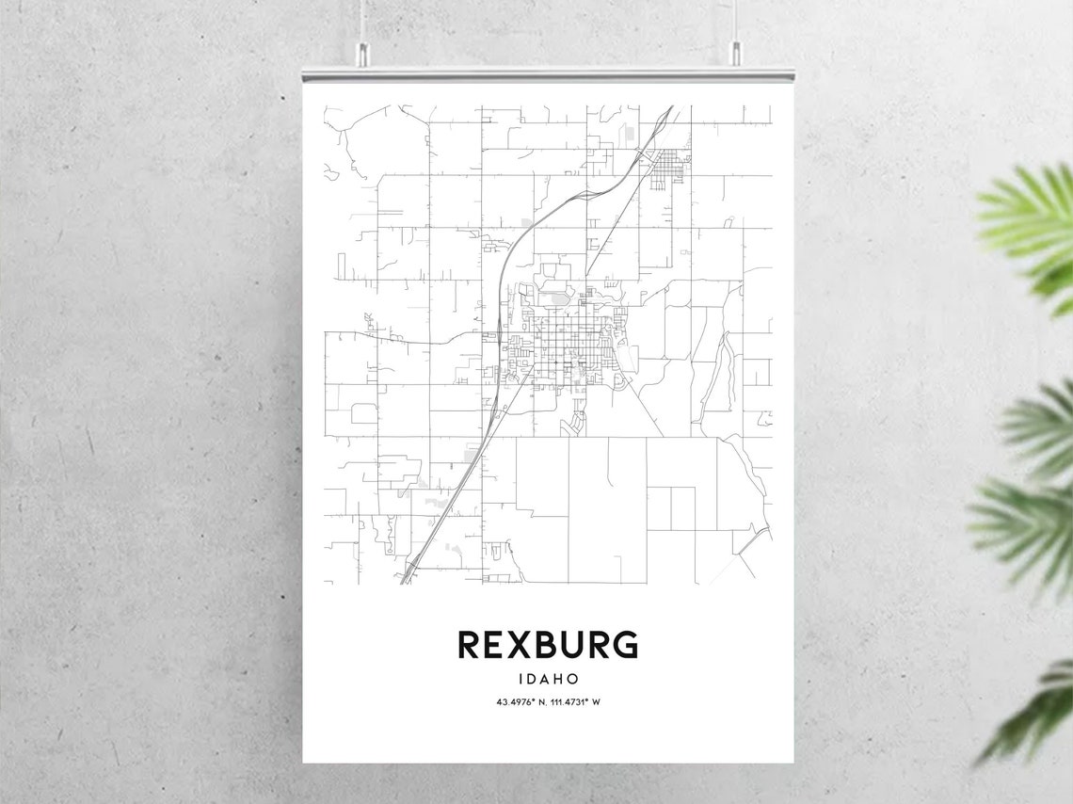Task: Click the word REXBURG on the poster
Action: pyautogui.click(x=547, y=645)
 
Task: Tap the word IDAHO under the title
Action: pyautogui.click(x=547, y=678)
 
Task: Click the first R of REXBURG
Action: pyautogui.click(x=469, y=645)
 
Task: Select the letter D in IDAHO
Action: pyautogui.click(x=532, y=678)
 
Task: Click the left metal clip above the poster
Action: pyautogui.click(x=361, y=54)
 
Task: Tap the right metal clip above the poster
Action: pyautogui.click(x=735, y=54)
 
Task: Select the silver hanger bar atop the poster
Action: pyautogui.click(x=547, y=73)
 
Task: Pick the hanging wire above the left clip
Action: pyautogui.click(x=361, y=19)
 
